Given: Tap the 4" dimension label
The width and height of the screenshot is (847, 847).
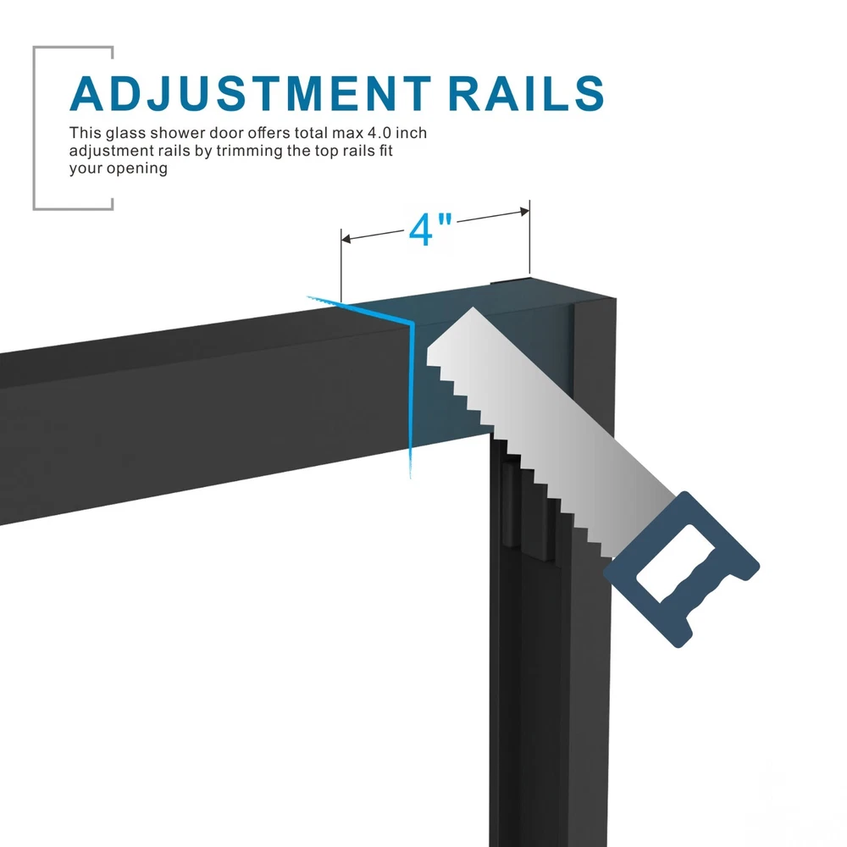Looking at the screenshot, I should pos(433,230).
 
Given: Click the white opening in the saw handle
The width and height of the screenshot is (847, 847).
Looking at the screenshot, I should pos(674,562).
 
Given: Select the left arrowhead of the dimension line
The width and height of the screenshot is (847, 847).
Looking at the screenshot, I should pos(346,239).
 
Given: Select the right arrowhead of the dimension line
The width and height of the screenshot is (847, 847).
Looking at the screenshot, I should pos(524,211).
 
